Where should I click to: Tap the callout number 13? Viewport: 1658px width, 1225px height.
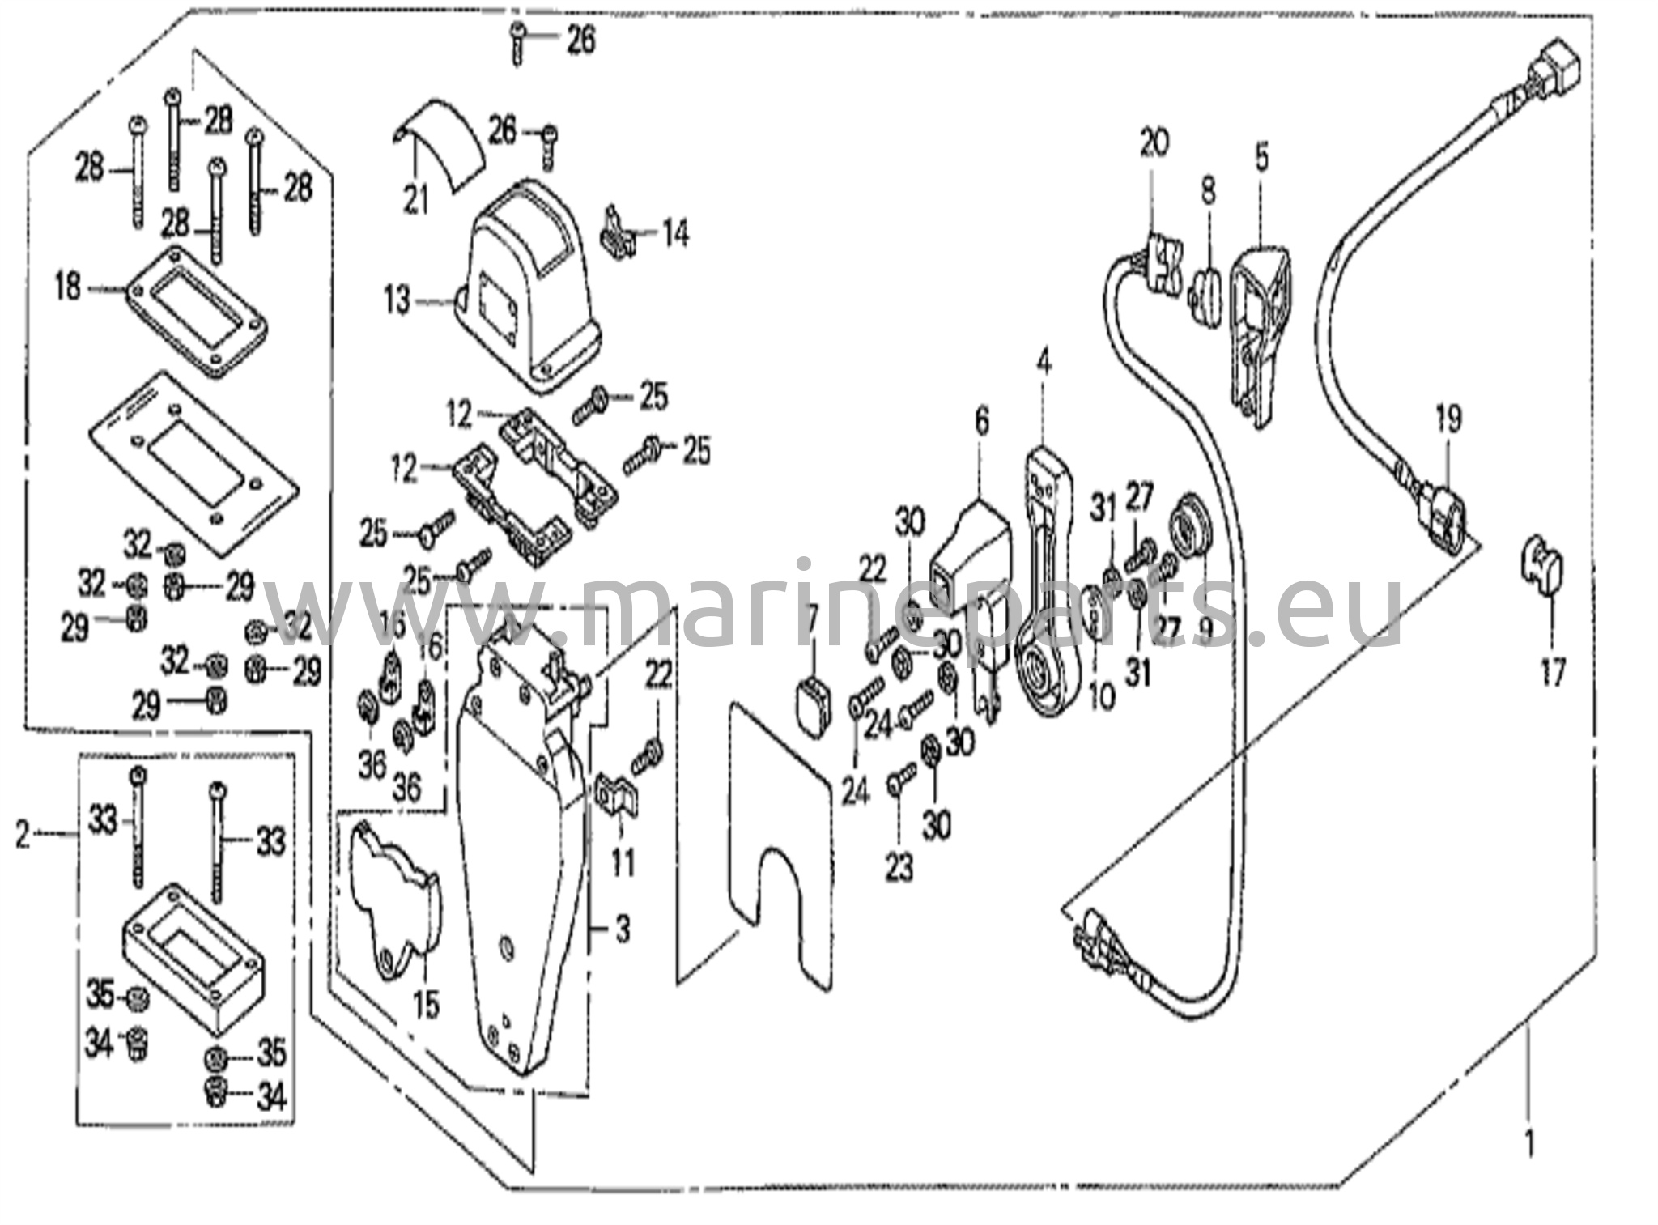(x=397, y=302)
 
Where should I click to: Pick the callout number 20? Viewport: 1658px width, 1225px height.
(x=1154, y=143)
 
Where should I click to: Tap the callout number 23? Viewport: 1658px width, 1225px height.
(x=899, y=868)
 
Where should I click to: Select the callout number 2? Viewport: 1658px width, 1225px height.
(x=23, y=834)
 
